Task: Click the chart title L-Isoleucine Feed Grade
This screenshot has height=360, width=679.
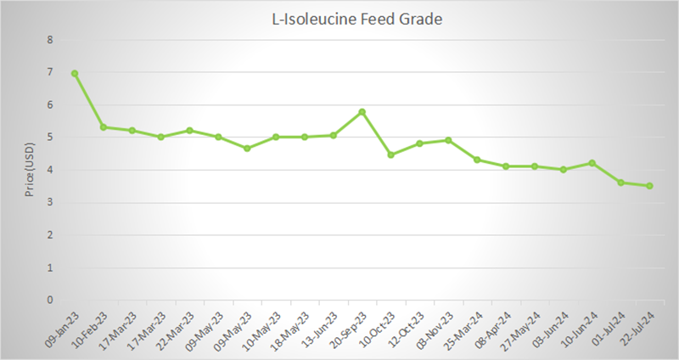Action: pyautogui.click(x=351, y=18)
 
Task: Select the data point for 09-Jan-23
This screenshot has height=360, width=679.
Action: pyautogui.click(x=75, y=74)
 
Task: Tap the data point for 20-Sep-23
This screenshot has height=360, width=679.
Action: pyautogui.click(x=362, y=111)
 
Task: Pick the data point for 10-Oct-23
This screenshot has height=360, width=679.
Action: pyautogui.click(x=391, y=155)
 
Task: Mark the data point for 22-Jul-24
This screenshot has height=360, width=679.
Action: pyautogui.click(x=650, y=186)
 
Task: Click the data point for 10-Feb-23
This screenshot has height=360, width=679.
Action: pyautogui.click(x=104, y=127)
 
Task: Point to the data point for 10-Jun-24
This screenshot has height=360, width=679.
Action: pyautogui.click(x=592, y=163)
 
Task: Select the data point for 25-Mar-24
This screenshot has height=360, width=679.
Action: pyautogui.click(x=477, y=160)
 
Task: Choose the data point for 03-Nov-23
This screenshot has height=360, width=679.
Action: pyautogui.click(x=448, y=140)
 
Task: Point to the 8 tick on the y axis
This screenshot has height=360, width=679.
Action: pyautogui.click(x=50, y=40)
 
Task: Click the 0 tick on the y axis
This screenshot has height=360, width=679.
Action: pyautogui.click(x=50, y=300)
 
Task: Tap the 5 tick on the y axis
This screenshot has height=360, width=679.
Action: pyautogui.click(x=50, y=138)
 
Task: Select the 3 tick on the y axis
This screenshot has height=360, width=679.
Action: pyautogui.click(x=50, y=202)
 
